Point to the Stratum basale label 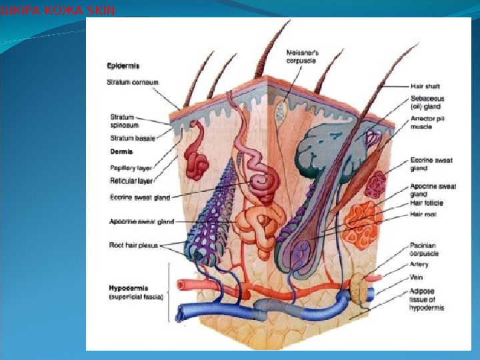(x=131, y=139)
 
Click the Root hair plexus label (x=134, y=245)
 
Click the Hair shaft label (x=424, y=86)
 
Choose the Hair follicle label (x=426, y=203)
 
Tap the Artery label (x=419, y=265)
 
